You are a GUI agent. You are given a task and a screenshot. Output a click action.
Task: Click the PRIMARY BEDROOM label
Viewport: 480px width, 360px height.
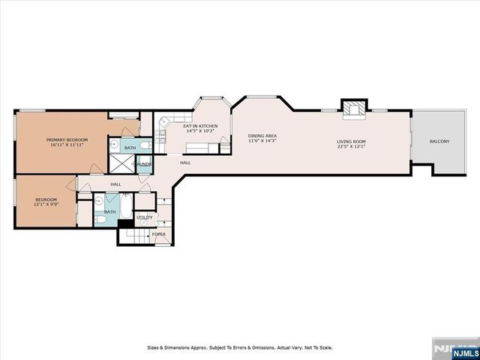67,140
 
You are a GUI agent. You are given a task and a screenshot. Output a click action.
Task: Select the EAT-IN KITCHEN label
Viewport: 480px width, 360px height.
200,126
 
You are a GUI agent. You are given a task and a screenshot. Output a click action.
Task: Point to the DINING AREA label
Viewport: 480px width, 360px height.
262,136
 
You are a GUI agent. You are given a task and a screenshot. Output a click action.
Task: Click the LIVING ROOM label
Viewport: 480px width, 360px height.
350,141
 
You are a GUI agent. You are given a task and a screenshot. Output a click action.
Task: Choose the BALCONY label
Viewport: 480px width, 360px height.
439,141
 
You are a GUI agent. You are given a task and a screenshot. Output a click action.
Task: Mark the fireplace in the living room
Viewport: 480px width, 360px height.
352,110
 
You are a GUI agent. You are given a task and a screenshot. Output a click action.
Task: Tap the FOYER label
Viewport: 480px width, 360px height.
159,234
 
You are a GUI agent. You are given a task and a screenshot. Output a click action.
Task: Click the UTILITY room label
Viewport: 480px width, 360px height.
145,217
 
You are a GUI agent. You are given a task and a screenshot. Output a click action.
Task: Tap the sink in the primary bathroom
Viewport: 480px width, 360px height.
114,144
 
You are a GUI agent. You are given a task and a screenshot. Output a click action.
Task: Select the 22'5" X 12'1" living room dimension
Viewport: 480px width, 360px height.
350,146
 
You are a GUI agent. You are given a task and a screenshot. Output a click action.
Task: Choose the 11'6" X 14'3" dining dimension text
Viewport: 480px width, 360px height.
262,141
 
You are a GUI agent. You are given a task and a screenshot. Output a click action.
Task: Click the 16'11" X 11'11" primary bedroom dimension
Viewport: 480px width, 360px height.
67,145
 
